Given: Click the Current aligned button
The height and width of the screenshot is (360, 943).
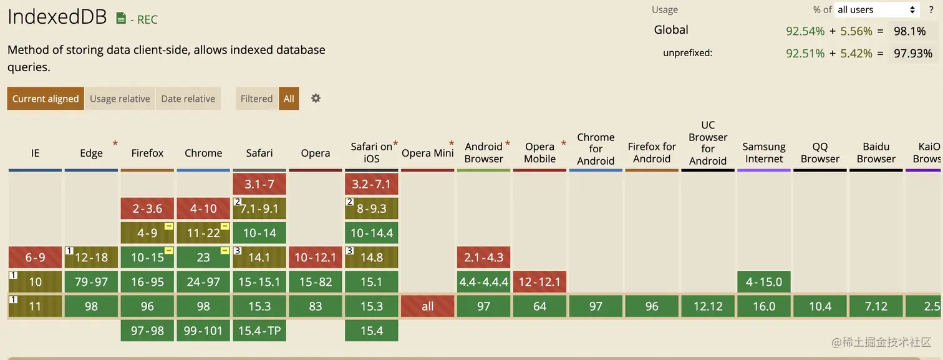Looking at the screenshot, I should click(46, 99).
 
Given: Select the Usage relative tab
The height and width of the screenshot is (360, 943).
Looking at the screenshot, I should click(120, 99).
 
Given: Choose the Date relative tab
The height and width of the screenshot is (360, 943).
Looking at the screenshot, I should click(188, 99).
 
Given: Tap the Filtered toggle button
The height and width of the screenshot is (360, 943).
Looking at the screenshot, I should click(256, 99).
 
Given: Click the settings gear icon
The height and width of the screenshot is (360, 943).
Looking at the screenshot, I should click(316, 98).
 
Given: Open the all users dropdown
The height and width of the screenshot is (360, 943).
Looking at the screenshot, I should click(877, 9).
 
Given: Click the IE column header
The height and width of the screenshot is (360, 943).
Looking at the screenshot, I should click(35, 153).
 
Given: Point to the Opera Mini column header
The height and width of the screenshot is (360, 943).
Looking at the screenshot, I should click(427, 153).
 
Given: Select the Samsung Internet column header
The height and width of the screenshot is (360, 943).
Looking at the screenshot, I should click(764, 153).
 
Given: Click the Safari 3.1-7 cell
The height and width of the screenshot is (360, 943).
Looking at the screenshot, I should click(259, 184).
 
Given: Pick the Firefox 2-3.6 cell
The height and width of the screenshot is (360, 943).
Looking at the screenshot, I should click(147, 208).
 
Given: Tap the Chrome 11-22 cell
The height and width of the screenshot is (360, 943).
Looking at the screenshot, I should click(203, 233).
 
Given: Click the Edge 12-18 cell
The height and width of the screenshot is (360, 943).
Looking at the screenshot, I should click(91, 257).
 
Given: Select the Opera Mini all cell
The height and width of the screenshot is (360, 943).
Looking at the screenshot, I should click(428, 306).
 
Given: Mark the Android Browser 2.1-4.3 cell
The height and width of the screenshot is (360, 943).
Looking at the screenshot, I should click(484, 257).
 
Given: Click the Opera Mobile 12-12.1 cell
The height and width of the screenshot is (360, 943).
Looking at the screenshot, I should click(540, 281).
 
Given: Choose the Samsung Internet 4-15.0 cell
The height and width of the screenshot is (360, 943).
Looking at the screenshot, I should click(764, 281).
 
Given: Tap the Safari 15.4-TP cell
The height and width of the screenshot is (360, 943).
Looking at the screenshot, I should click(259, 331).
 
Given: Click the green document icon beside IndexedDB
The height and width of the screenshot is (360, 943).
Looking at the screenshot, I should click(121, 19).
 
